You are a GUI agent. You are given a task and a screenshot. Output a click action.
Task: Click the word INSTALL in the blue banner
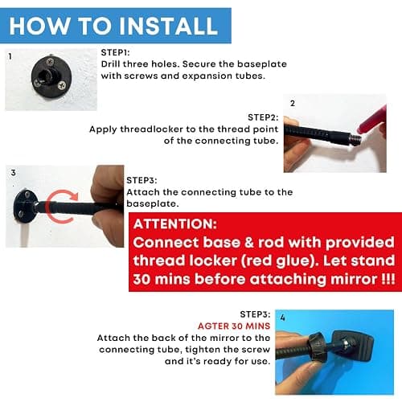click(x=168, y=26)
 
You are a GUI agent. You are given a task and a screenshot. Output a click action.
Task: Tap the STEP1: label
click(x=115, y=52)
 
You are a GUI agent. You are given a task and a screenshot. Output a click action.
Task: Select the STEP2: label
click(x=263, y=117)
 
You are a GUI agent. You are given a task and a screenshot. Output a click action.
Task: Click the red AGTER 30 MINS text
click(x=234, y=326)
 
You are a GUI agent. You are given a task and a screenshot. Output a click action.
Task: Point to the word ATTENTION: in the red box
click(x=175, y=224)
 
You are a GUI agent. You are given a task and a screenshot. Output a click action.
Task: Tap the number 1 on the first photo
click(x=10, y=56)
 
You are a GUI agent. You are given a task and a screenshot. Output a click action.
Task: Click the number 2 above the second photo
click(x=293, y=103)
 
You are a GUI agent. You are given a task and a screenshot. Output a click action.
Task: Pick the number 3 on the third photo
click(x=13, y=173)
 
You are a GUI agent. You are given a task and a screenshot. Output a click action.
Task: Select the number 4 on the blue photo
click(x=282, y=318)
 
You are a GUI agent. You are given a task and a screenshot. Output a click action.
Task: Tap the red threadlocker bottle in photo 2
click(x=372, y=121)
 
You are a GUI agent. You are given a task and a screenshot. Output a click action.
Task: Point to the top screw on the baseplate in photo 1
click(x=50, y=62)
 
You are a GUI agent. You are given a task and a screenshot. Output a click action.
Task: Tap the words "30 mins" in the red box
click(x=162, y=279)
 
